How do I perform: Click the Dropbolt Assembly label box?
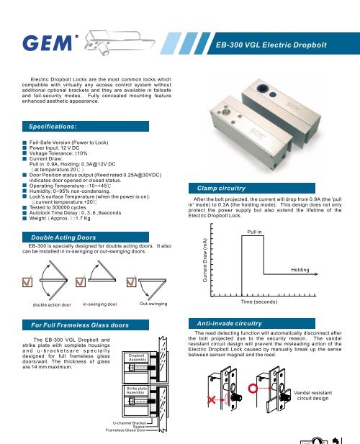click(138, 358)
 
